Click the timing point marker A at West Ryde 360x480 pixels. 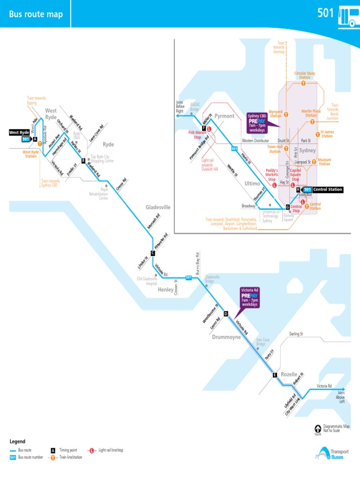click(x=35, y=139)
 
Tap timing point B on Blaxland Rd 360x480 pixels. click(x=83, y=161)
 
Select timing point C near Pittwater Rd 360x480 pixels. click(x=153, y=253)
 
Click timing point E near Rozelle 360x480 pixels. click(x=275, y=375)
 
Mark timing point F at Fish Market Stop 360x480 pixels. click(x=204, y=128)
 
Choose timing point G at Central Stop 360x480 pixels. click(x=288, y=207)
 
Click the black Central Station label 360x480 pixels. click(x=328, y=189)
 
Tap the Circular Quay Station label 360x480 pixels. click(x=305, y=75)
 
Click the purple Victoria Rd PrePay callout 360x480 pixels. click(x=249, y=297)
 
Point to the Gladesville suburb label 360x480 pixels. click(x=158, y=207)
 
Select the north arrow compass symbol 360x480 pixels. click(x=318, y=428)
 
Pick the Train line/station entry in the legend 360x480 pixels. click(x=70, y=457)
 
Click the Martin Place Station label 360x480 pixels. click(x=311, y=113)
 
